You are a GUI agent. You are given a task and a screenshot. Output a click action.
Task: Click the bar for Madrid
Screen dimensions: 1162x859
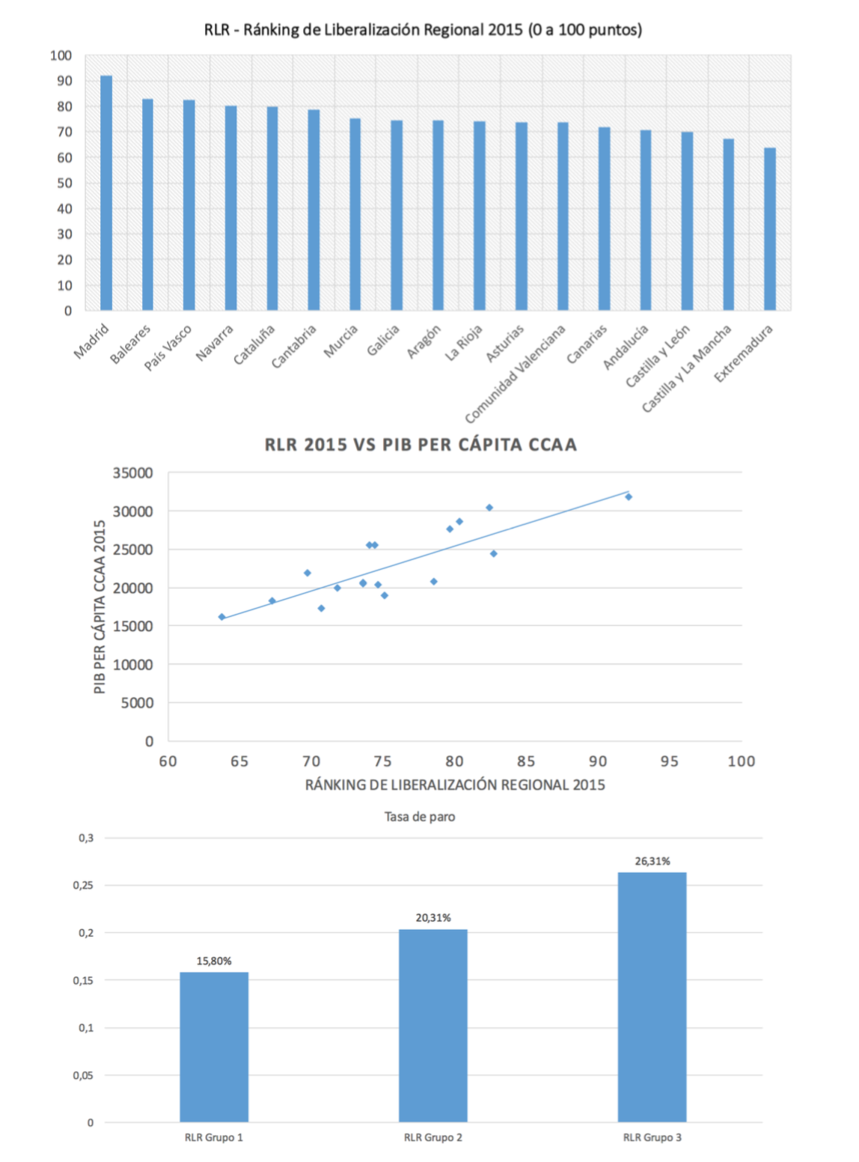click(x=106, y=193)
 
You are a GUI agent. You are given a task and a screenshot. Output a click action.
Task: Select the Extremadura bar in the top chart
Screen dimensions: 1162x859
click(x=769, y=229)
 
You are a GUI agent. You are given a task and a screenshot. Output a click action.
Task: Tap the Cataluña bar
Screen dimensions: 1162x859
click(x=272, y=208)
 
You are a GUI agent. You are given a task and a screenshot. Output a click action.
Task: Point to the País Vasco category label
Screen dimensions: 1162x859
click(x=168, y=347)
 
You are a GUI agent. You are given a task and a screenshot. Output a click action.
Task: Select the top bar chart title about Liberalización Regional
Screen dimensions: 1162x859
click(x=423, y=30)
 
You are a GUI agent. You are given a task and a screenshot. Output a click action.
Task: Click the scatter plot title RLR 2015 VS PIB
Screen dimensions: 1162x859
click(x=421, y=445)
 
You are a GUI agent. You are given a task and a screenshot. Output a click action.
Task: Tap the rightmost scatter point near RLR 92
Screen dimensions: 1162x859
click(x=629, y=497)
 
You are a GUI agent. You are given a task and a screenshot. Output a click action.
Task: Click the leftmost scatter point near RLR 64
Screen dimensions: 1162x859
click(x=221, y=617)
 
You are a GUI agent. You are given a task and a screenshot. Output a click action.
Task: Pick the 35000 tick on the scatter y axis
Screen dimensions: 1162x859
click(x=132, y=473)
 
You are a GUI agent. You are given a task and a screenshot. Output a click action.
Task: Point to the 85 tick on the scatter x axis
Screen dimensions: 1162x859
click(x=526, y=761)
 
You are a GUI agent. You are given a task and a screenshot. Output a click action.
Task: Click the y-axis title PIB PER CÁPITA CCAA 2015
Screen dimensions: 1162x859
click(x=100, y=606)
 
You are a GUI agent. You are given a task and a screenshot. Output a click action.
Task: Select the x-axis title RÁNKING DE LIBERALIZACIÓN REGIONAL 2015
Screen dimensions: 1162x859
click(x=455, y=785)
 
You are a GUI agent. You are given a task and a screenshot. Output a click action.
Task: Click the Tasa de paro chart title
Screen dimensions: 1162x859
click(x=420, y=817)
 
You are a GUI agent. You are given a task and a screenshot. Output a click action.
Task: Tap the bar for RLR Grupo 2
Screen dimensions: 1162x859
click(x=432, y=1026)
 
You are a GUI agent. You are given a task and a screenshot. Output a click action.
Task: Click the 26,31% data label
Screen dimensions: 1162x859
click(x=652, y=861)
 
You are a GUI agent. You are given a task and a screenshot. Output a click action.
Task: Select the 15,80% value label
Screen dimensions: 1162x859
click(x=214, y=961)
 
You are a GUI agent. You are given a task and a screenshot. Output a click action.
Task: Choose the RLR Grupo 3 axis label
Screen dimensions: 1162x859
click(x=652, y=1138)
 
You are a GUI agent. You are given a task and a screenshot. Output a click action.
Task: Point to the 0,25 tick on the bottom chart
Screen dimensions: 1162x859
click(x=83, y=885)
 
